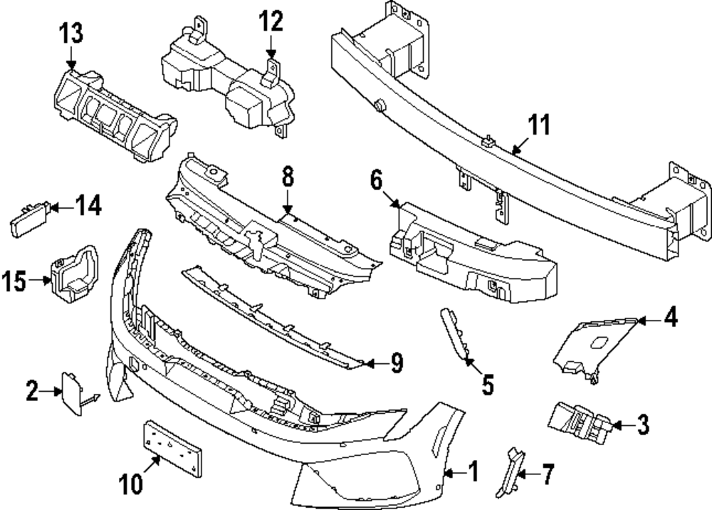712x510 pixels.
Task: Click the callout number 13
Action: coord(71,32)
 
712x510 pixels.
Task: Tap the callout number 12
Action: coord(271,21)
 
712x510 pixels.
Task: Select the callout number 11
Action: coord(540,126)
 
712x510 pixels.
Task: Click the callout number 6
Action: coord(377,179)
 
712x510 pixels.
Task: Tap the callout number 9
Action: coord(396,363)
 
